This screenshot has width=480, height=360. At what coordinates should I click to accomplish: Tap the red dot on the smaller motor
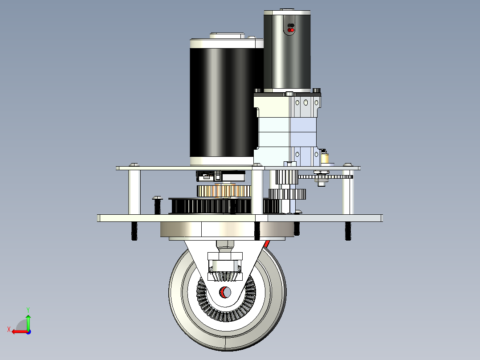pos(292,30)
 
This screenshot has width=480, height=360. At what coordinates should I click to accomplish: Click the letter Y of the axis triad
pos(28,310)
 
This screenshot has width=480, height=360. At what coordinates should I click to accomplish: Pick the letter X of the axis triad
pos(9,329)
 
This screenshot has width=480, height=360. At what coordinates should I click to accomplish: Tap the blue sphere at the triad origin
pos(28,332)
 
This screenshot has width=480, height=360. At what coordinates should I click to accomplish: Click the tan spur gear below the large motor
pos(224,191)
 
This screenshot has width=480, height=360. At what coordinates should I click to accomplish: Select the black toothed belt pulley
pos(224,206)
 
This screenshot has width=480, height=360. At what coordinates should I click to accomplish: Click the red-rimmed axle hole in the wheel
pos(225,292)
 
